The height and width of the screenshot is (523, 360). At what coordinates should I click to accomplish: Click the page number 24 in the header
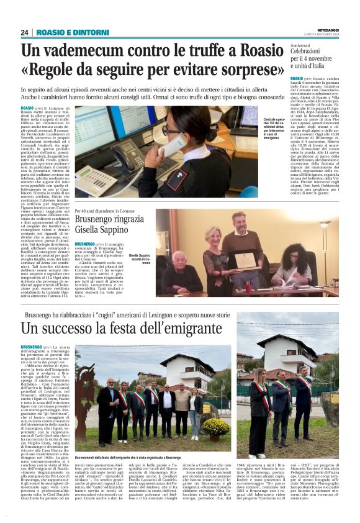tap(25, 32)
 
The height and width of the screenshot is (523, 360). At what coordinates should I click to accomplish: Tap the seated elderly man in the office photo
tap(178, 271)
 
